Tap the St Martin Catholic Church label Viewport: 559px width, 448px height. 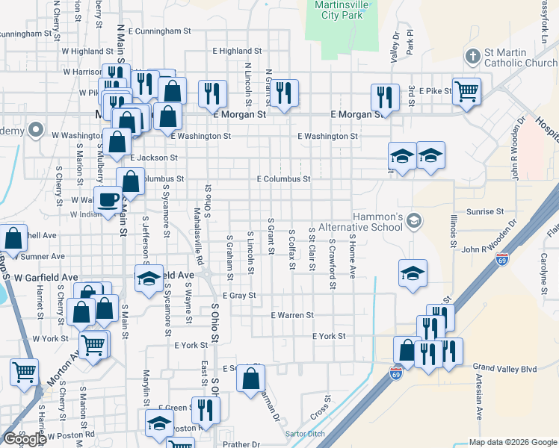[520, 57]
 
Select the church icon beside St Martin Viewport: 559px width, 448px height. [472, 55]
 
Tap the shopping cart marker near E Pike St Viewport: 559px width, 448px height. [466, 92]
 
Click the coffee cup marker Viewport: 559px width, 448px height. [109, 200]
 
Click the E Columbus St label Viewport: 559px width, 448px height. [283, 179]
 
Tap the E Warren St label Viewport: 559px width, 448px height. [291, 316]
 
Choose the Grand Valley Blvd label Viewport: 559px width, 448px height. [504, 368]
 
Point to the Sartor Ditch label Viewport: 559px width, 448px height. [306, 434]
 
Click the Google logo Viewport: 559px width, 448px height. [24, 439]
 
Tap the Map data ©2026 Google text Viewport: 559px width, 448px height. [512, 442]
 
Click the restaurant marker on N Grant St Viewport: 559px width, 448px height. [284, 92]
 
